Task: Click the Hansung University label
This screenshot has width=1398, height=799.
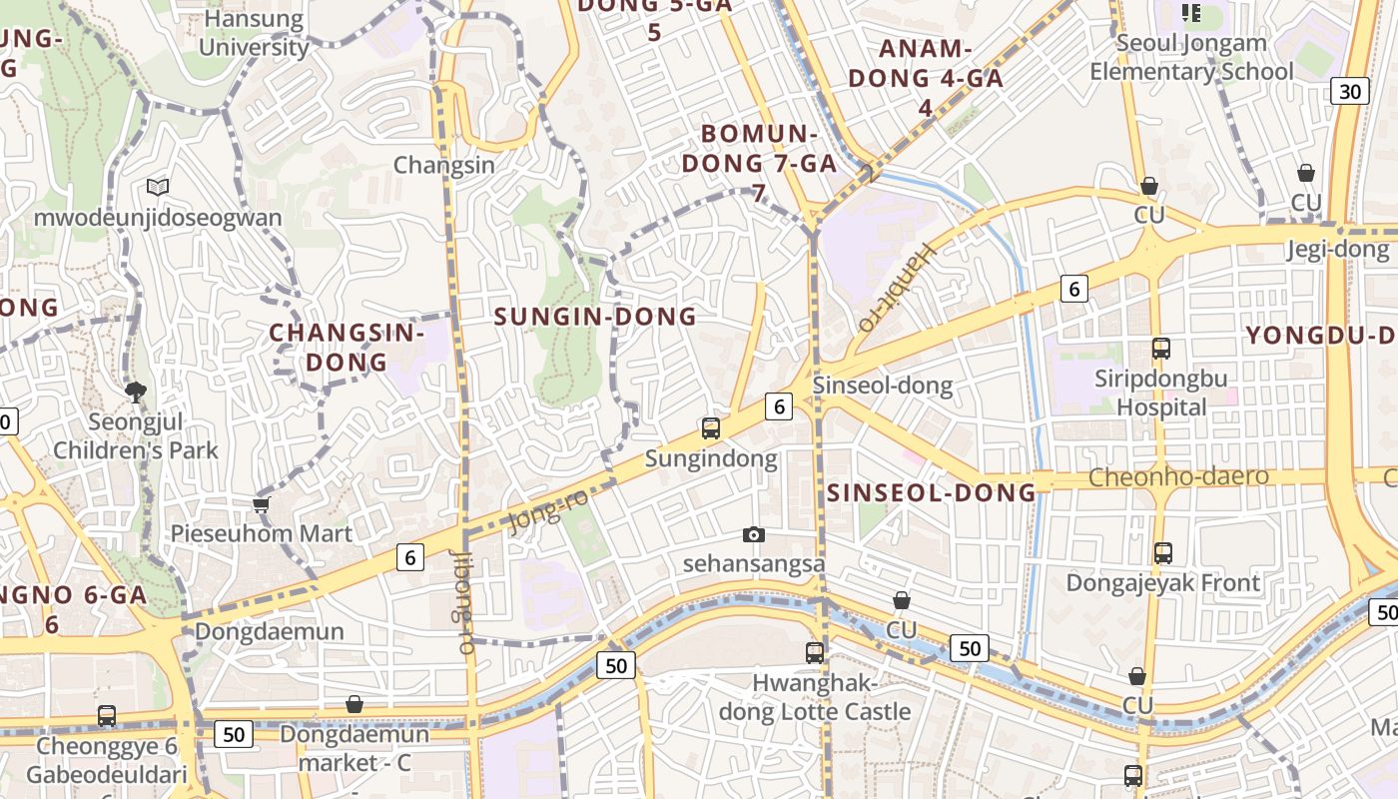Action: coord(254,33)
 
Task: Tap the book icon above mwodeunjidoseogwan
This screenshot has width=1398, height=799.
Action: coord(158,187)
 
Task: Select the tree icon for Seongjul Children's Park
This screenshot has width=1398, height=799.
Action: coord(136,393)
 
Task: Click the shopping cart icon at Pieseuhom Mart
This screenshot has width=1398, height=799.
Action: coord(262,504)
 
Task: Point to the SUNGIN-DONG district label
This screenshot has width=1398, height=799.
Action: coord(596,317)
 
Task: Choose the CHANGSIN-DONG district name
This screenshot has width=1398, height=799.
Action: coord(347,347)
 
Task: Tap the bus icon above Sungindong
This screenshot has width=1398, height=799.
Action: coord(711,428)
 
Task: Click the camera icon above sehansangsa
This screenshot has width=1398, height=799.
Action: coord(754,535)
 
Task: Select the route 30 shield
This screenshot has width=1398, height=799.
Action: coord(1350,92)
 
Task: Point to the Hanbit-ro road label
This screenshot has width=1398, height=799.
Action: coord(896,287)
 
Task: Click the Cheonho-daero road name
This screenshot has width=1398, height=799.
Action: coord(1178,477)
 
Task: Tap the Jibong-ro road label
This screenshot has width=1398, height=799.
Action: coord(462,602)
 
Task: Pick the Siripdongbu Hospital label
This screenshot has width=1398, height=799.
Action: coord(1161,393)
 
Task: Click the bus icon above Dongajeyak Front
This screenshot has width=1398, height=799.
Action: coord(1163,552)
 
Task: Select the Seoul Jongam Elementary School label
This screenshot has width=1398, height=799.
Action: coord(1191,57)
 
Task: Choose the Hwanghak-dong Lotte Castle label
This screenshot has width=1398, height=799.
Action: coord(815,698)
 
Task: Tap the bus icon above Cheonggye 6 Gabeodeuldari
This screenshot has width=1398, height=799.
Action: coord(107,716)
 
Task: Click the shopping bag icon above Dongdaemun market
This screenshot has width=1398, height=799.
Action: coord(353,704)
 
